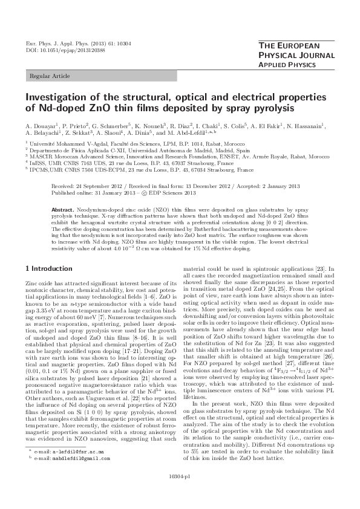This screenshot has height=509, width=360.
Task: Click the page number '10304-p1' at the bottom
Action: click(180, 491)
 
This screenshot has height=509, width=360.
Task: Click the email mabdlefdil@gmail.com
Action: click(64, 475)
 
